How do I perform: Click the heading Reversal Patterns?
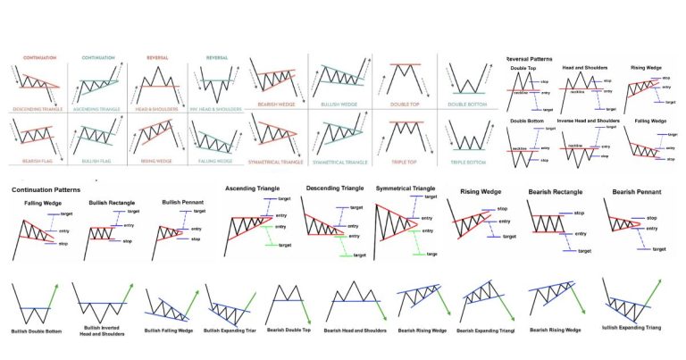tap(538, 59)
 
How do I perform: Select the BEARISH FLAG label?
tap(30, 162)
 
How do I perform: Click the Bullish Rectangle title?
tap(113, 204)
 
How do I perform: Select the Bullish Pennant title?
tap(183, 204)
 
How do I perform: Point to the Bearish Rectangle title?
tap(559, 191)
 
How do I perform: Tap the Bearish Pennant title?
tap(638, 191)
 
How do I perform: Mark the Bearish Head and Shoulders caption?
tap(356, 330)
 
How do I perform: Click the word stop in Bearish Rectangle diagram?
tap(579, 213)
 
